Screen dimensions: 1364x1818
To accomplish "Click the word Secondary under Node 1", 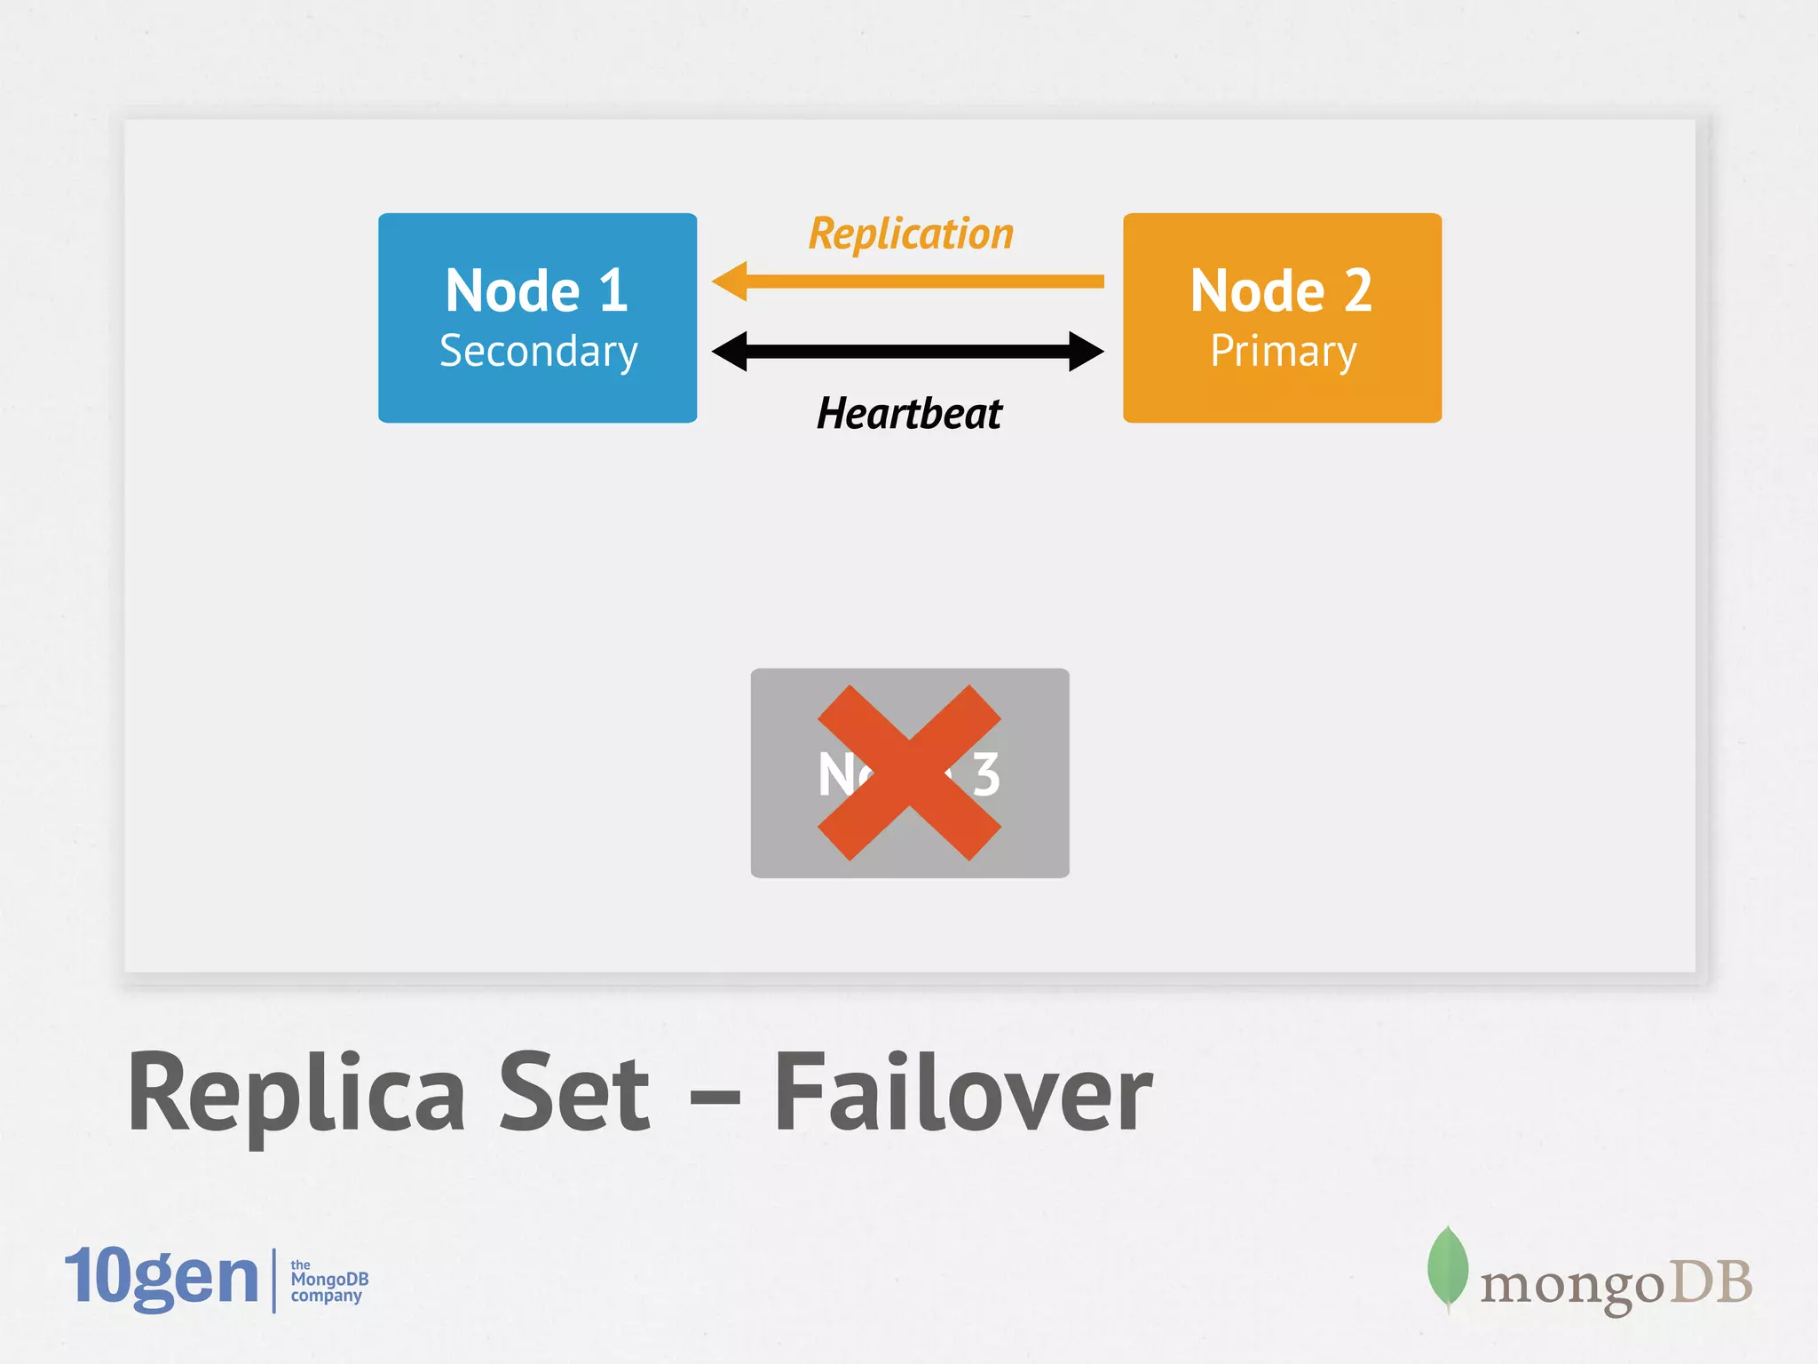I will [x=539, y=352].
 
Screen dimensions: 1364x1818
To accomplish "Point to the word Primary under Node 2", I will [x=1284, y=352].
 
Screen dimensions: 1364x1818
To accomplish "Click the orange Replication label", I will [x=911, y=234].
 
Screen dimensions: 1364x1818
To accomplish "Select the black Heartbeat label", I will [x=909, y=414].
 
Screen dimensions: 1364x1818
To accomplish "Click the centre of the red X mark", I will [x=909, y=773].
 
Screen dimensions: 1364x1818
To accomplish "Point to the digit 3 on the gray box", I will [x=986, y=774].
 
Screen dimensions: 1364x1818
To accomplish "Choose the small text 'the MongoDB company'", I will [x=328, y=1281].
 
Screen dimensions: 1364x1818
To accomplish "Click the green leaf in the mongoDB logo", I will [x=1447, y=1267].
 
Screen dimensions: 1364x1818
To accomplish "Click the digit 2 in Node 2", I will [x=1357, y=290].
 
